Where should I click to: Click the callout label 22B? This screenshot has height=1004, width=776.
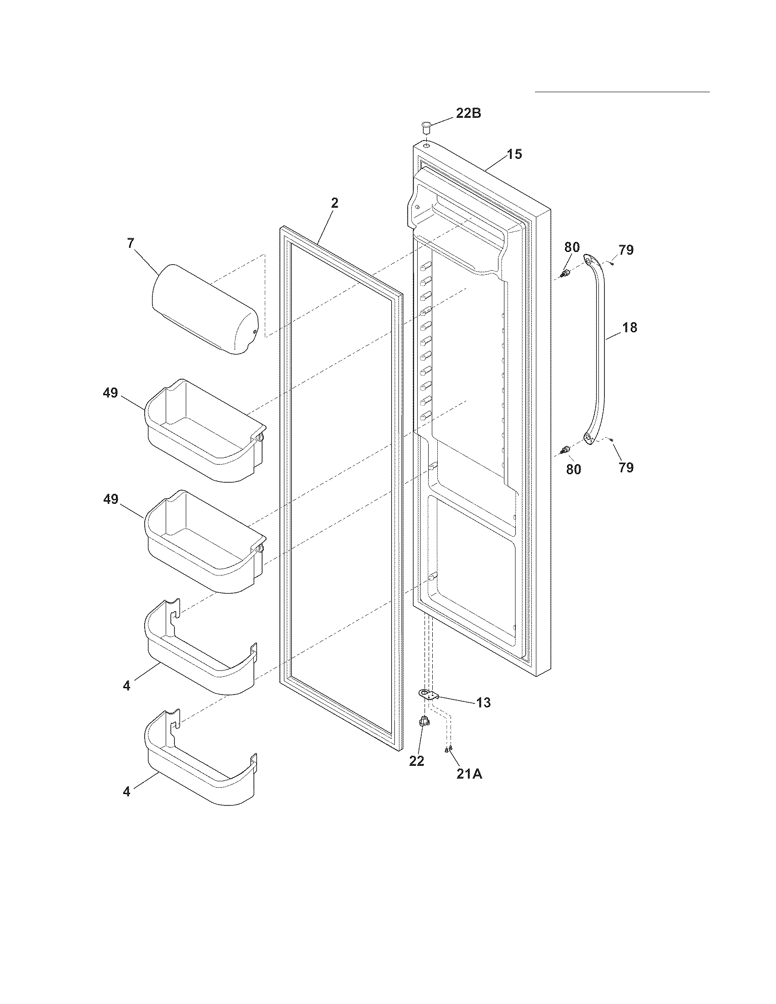point(468,113)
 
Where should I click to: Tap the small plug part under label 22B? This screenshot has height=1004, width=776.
point(426,125)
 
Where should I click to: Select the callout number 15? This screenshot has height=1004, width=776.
point(514,154)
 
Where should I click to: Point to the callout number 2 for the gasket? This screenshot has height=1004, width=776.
point(335,203)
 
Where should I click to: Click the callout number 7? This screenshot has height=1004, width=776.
point(131,243)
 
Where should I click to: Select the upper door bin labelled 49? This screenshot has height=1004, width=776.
point(204,430)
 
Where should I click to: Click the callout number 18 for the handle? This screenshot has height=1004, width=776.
point(630,328)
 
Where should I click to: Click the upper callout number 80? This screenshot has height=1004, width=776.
point(572,247)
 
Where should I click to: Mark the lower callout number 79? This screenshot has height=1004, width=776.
point(626,467)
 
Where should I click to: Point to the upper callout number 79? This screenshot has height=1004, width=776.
point(626,250)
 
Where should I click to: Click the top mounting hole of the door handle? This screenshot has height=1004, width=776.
point(588,261)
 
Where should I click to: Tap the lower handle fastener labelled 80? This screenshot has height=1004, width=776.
point(566,449)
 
